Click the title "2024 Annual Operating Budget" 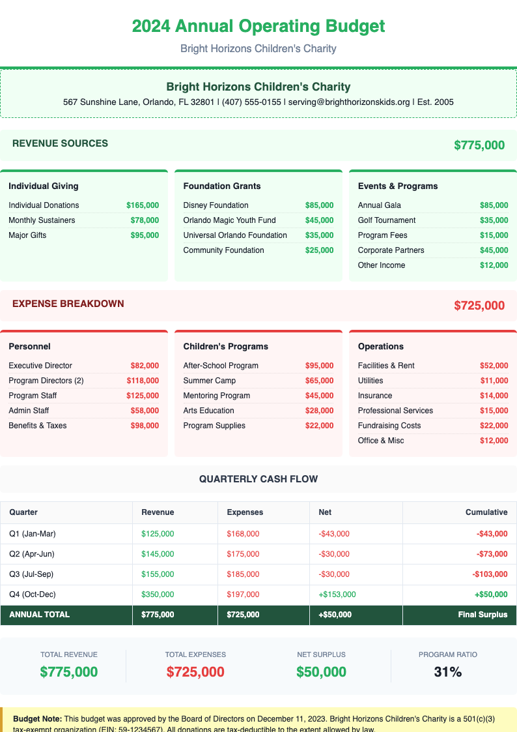coord(258,27)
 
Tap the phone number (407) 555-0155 coord(251,102)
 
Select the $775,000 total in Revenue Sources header coord(479,145)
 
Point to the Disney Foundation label coord(216,205)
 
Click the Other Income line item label coord(382,265)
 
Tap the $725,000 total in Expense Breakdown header coord(479,305)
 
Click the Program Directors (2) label coord(46,381)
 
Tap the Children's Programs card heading coord(226,347)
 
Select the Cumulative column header coord(486,512)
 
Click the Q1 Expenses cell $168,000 coord(243,534)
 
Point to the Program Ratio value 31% coord(448,672)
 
